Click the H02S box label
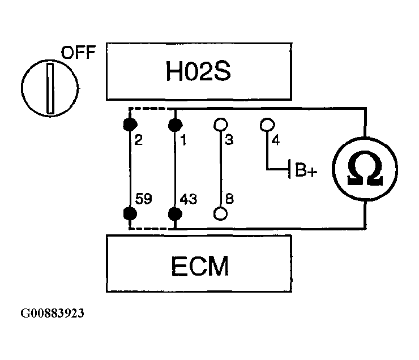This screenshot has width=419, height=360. pos(198,72)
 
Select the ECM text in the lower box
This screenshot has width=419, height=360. pos(198,264)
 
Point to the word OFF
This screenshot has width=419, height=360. pos(79,54)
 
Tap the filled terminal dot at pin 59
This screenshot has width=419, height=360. pos(130,214)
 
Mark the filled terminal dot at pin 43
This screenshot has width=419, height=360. pos(175,214)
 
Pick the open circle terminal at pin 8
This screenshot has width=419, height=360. pos(220,214)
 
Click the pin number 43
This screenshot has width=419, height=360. pos(189,199)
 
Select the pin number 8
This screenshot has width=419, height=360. pos(229,199)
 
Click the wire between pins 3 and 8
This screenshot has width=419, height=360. pos(220,170)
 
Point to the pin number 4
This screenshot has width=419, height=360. pos(276,139)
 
